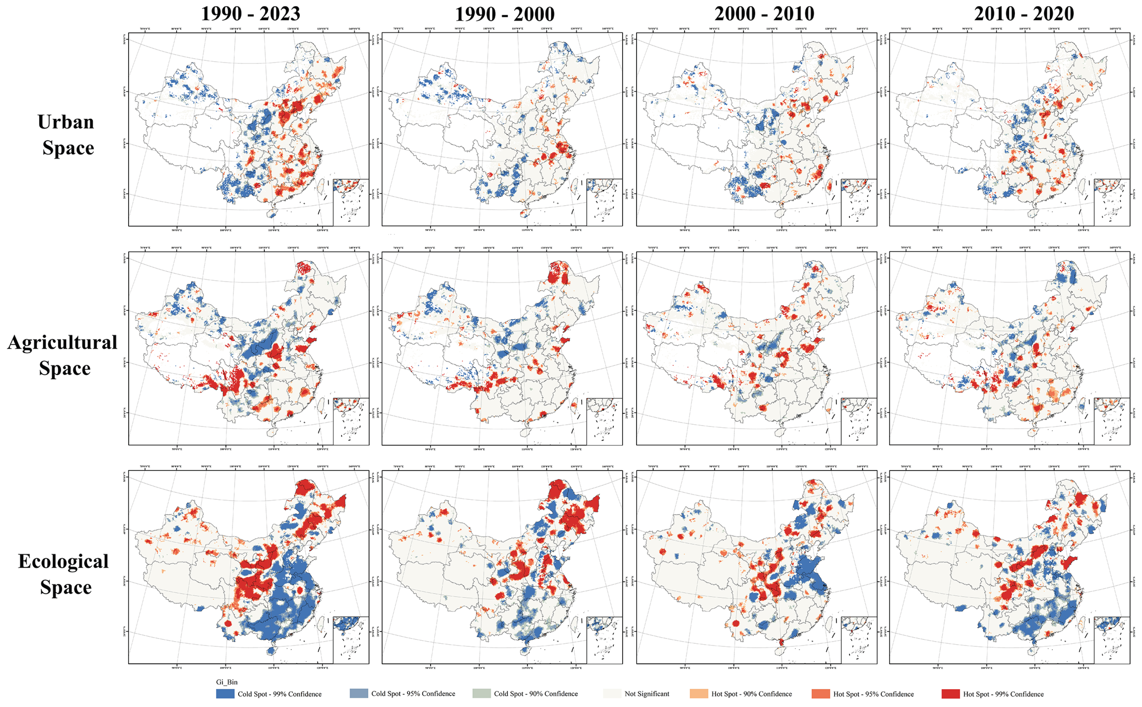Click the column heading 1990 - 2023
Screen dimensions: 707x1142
click(250, 14)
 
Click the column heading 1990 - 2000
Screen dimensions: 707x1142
click(505, 14)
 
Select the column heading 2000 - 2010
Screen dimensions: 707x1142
click(764, 14)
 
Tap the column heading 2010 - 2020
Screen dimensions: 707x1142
click(1024, 14)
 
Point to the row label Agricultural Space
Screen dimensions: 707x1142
click(63, 355)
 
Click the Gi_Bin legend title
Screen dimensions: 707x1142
click(226, 682)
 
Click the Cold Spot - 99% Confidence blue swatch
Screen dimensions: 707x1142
click(225, 693)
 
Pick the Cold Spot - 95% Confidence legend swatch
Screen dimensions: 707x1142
click(358, 693)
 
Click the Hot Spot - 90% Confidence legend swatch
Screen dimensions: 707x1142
click(699, 693)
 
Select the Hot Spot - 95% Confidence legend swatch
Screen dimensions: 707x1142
click(821, 693)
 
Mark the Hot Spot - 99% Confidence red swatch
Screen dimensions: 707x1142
click(950, 693)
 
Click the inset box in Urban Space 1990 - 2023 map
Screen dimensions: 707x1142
click(351, 202)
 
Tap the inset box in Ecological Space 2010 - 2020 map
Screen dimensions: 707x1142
click(1112, 640)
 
